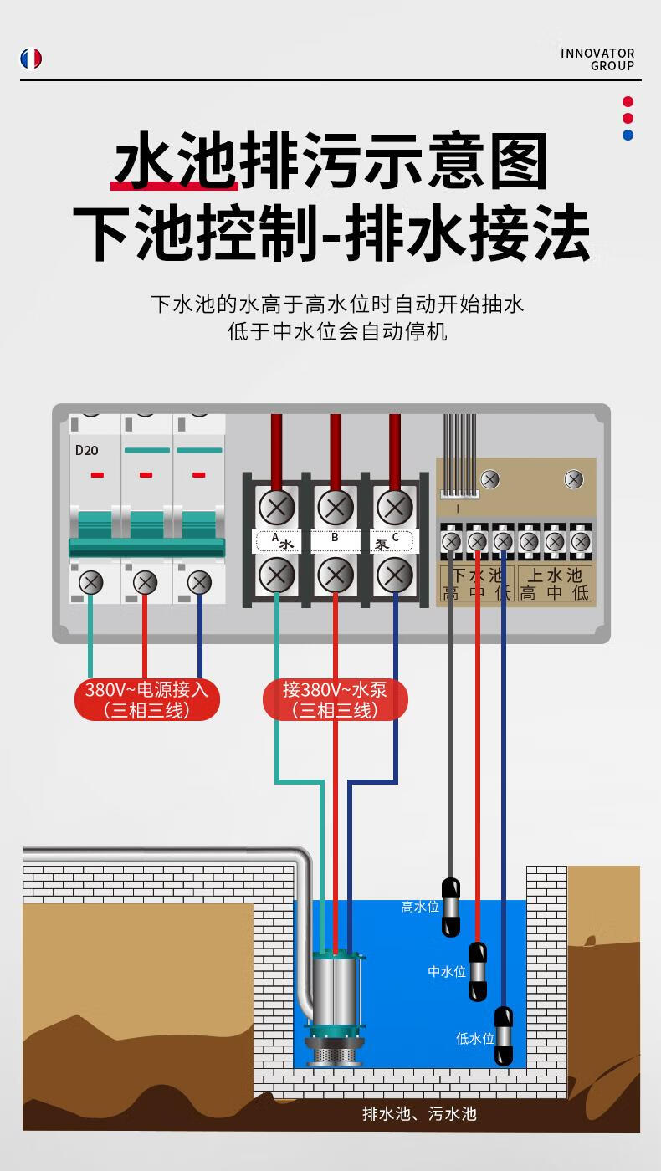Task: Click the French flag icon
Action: point(31,59)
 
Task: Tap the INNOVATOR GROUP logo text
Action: point(597,59)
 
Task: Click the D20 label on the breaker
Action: point(86,450)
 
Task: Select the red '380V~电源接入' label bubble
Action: point(146,700)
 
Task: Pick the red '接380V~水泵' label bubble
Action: point(336,700)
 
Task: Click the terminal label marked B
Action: point(335,538)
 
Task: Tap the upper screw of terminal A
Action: point(276,507)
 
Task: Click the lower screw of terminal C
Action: point(393,575)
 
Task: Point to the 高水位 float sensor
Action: point(451,908)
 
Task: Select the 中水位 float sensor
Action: point(477,971)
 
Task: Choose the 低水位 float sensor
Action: point(503,1035)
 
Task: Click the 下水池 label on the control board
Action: point(476,575)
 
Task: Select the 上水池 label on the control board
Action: point(554,575)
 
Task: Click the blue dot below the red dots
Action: point(628,135)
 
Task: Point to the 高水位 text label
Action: point(419,907)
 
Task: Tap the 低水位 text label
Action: point(474,1038)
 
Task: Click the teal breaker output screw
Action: point(90,582)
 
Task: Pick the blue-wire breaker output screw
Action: point(199,582)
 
